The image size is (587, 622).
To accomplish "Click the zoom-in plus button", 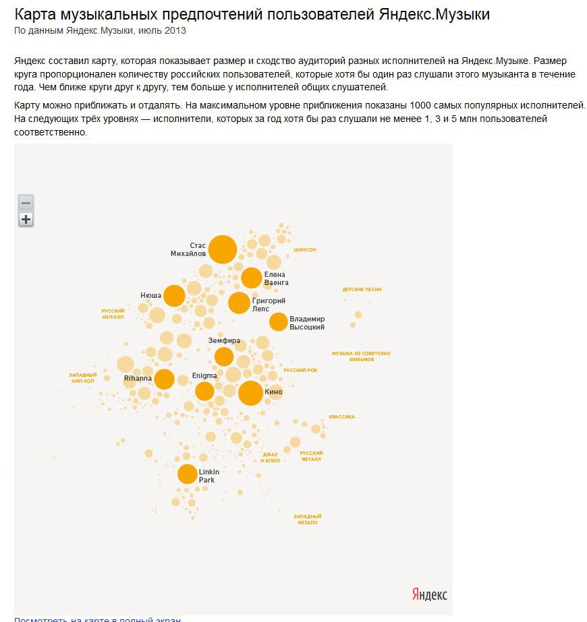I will [26, 219].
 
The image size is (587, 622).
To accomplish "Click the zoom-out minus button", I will [26, 203].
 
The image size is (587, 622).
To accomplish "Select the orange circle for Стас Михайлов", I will [223, 249].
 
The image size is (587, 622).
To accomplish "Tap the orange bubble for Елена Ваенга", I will [251, 278].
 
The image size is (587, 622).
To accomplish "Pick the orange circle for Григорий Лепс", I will [239, 303].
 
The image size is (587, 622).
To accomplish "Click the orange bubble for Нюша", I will [174, 295].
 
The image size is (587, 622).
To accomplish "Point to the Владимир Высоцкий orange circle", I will [278, 322].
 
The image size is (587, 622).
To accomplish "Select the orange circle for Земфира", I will [224, 356].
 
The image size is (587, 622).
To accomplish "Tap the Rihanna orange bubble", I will [164, 379].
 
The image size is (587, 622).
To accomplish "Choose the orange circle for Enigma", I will [204, 391].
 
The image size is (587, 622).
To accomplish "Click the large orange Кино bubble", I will [250, 393].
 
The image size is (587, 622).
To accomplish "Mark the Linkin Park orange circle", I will [187, 474].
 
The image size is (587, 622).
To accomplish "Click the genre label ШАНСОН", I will [304, 250].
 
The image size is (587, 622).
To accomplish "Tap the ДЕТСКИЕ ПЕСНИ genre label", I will [362, 290].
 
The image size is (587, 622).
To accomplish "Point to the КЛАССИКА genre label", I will [341, 417].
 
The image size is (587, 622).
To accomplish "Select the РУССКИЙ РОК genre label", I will [300, 371].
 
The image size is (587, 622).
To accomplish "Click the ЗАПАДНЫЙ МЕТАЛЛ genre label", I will [306, 520].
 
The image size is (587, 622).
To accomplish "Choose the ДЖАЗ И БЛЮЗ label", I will [271, 458].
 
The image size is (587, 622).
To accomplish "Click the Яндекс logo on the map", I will [429, 594].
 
